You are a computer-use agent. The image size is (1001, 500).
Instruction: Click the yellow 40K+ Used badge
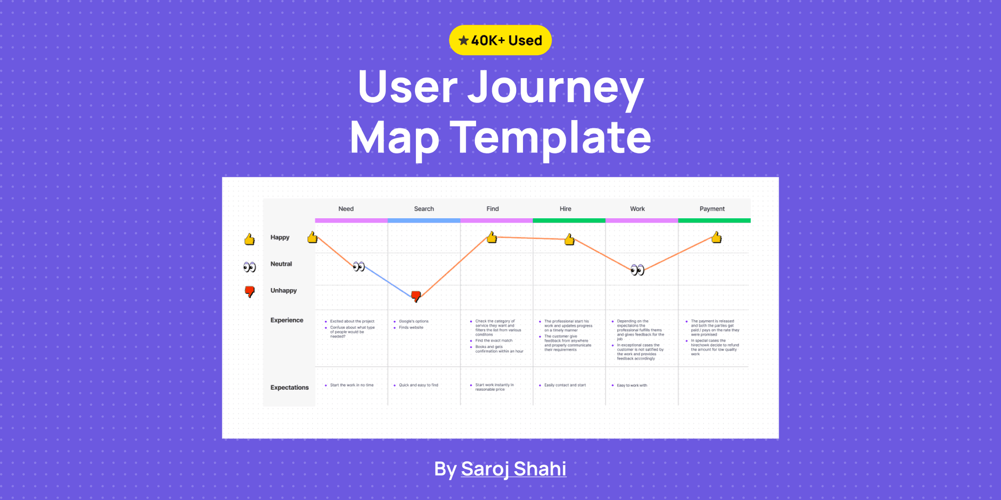tap(500, 40)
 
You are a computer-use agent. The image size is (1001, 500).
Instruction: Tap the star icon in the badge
tap(463, 41)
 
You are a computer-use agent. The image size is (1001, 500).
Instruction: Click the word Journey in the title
tap(556, 87)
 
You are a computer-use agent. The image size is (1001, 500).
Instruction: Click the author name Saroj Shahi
tap(513, 469)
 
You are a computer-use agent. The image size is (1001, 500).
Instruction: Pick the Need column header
tap(346, 208)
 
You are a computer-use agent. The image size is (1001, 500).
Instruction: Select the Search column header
tap(424, 208)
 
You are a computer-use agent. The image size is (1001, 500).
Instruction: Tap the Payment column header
tap(712, 208)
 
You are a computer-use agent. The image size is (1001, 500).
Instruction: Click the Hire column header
tap(565, 208)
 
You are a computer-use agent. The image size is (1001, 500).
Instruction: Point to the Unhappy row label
tap(283, 291)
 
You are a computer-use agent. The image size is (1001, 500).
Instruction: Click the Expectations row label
tap(289, 387)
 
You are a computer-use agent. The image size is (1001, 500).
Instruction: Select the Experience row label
tap(286, 320)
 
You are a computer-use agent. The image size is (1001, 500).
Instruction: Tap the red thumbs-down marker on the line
tap(416, 296)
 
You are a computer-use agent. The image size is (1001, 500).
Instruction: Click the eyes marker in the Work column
tap(637, 270)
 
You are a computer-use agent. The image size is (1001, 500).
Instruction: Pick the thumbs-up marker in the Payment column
tap(717, 237)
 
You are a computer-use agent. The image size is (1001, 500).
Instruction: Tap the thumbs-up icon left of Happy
tap(249, 239)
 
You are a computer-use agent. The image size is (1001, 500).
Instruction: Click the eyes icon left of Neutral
tap(249, 267)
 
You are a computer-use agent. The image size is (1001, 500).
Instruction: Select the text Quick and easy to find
tap(418, 385)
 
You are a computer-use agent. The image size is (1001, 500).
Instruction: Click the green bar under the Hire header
tap(569, 221)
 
